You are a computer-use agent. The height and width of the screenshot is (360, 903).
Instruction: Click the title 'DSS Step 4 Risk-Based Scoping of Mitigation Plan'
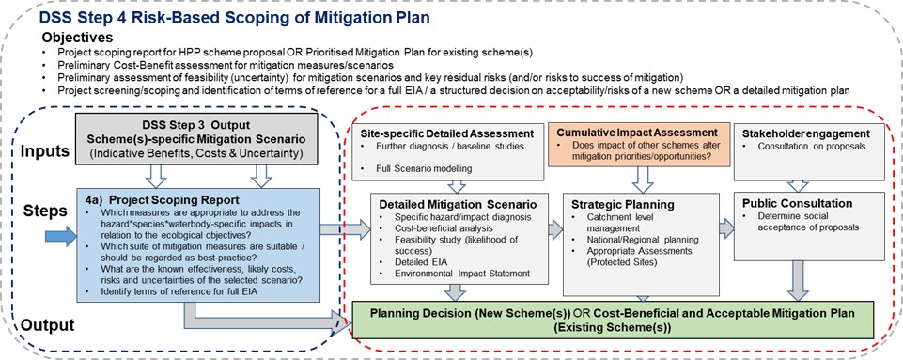pos(234,17)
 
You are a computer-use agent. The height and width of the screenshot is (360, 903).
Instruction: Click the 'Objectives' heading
pos(77,39)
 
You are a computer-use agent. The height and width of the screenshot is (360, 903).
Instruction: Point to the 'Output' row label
pos(47,325)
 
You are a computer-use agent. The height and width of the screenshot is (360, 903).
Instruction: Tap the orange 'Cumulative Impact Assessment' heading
pos(637,132)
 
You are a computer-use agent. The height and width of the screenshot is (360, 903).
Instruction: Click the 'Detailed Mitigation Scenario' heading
pos(458,204)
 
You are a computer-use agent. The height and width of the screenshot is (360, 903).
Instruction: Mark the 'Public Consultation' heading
pos(797,203)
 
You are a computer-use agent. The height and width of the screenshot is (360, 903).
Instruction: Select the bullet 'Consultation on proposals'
pos(806,147)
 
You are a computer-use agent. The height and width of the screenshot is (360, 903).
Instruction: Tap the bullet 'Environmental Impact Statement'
pos(462,273)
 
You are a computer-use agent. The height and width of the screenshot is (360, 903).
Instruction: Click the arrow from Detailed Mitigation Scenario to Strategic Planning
pos(555,229)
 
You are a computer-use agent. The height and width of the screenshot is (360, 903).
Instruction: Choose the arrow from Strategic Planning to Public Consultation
pos(726,228)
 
